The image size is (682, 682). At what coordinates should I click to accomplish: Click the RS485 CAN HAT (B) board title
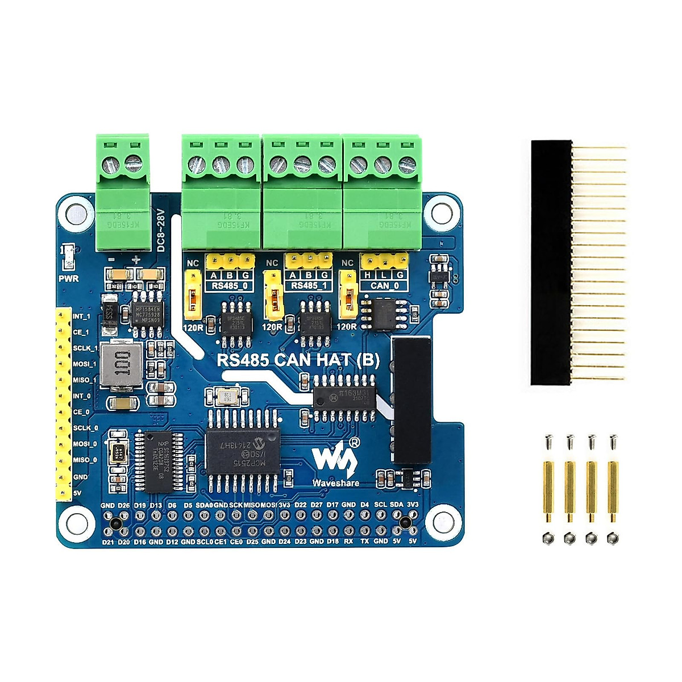point(299,360)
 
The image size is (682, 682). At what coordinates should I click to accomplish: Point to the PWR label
point(69,278)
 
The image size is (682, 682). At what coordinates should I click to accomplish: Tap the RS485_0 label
point(230,286)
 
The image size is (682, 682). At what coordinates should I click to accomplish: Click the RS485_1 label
point(309,286)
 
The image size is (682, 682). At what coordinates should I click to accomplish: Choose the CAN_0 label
point(384,286)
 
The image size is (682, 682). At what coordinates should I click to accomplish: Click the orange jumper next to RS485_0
point(193,296)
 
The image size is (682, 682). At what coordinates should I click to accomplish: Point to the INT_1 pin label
point(82,316)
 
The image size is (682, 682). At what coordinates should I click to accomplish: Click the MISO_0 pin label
point(84,460)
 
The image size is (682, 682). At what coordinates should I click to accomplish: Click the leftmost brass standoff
point(548,492)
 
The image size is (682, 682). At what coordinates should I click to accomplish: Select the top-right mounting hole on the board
point(440,212)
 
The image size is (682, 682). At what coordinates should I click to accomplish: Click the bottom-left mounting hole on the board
point(76,519)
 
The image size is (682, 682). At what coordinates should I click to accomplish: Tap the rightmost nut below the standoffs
point(612,537)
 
